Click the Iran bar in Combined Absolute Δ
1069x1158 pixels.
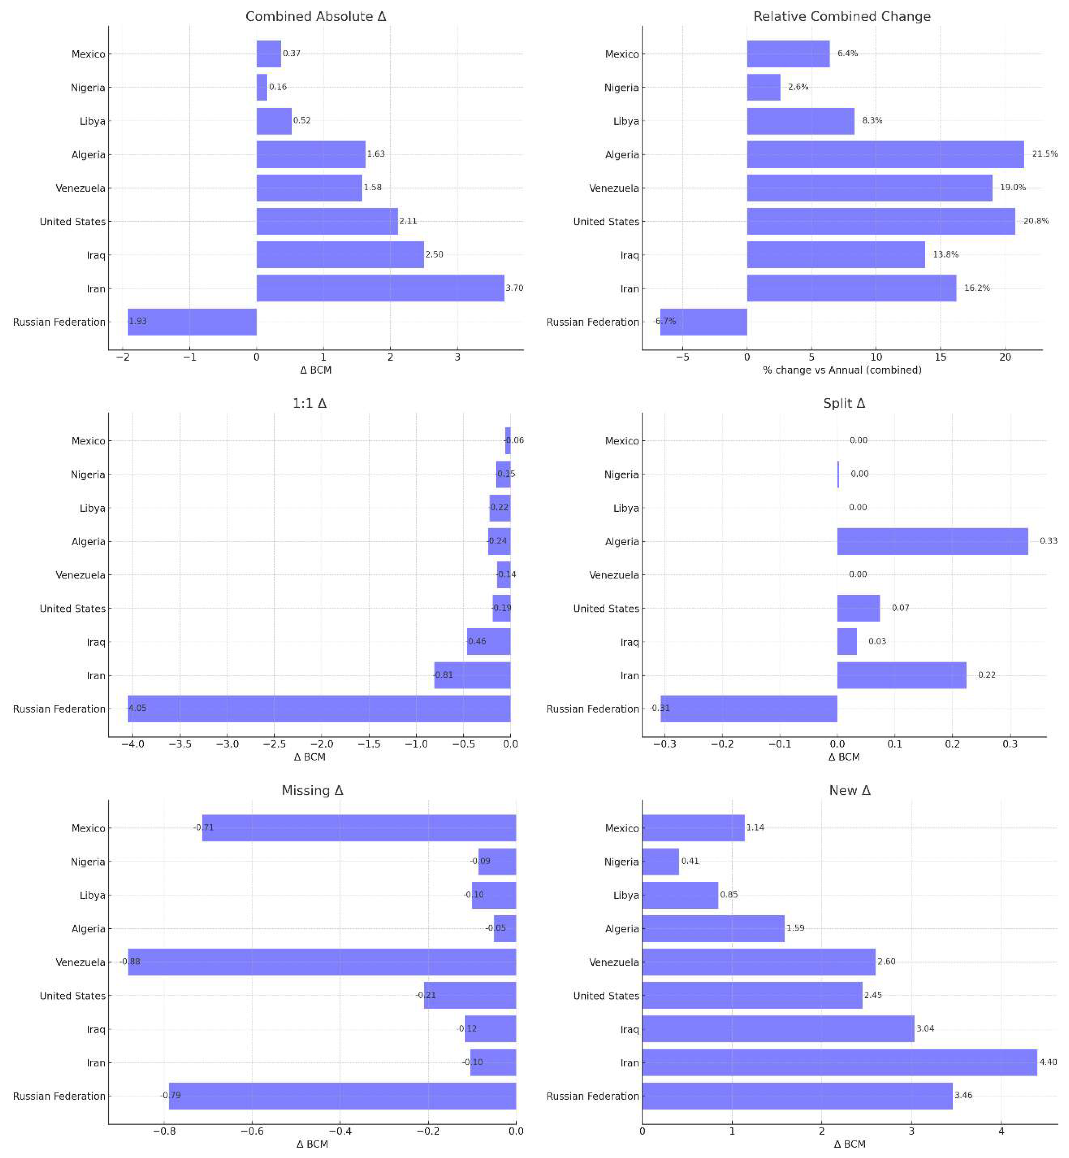[x=380, y=288]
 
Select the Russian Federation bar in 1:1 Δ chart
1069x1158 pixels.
[x=319, y=709]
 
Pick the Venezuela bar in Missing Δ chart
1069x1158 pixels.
[x=321, y=962]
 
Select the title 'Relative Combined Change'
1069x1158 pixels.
[x=842, y=16]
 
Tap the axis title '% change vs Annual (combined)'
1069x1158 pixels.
[x=842, y=370]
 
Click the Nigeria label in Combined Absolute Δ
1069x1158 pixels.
[x=88, y=87]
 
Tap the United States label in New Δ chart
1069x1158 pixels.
[x=606, y=995]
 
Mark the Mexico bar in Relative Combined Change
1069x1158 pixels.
[x=788, y=54]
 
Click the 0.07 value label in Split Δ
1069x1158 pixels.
[x=900, y=608]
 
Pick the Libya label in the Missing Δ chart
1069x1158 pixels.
[x=92, y=895]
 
